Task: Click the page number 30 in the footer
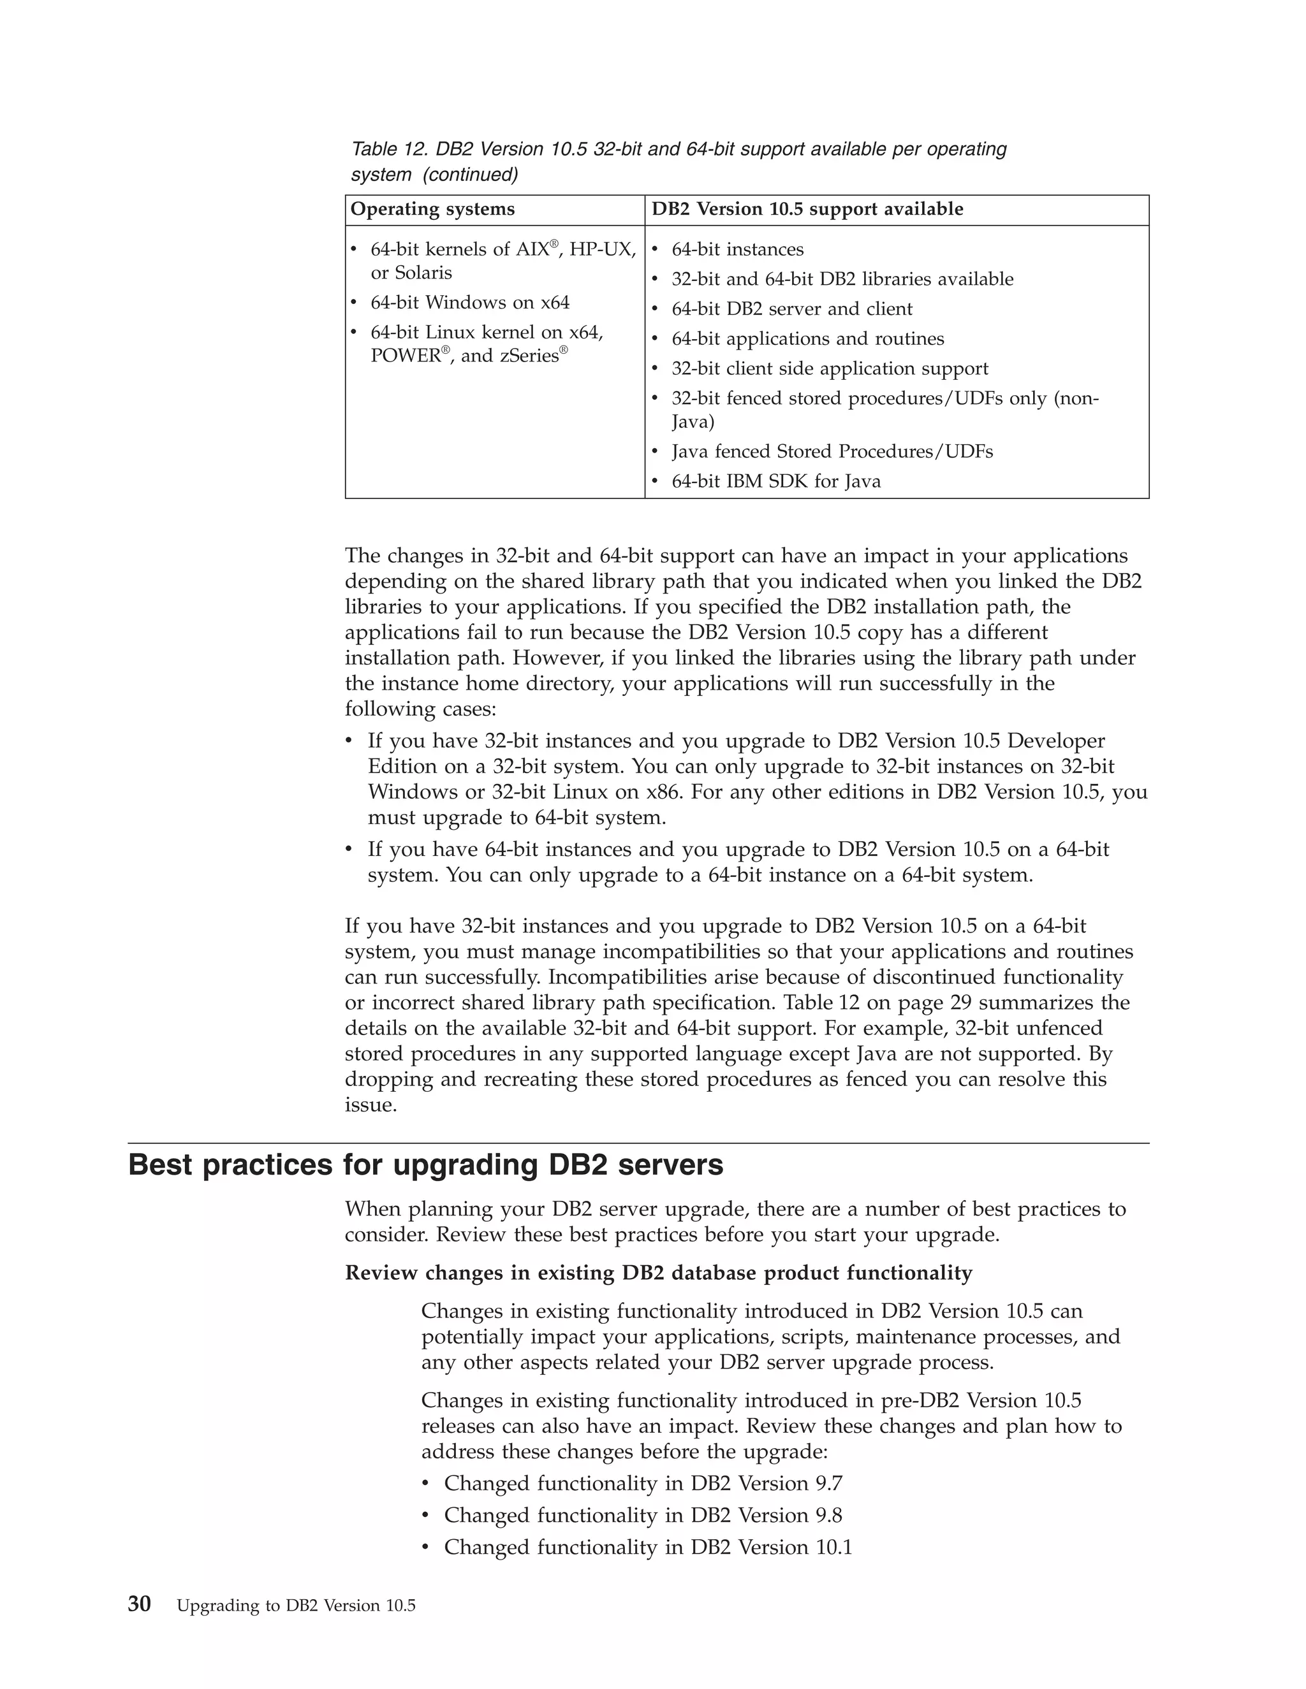click(x=140, y=1604)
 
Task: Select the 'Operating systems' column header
click(x=432, y=210)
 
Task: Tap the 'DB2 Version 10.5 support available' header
click(x=807, y=210)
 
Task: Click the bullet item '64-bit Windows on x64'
click(x=469, y=302)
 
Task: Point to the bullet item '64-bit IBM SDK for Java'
click(x=775, y=482)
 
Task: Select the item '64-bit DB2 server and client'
click(x=791, y=309)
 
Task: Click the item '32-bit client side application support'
click(x=830, y=369)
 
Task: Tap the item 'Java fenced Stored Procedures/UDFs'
click(x=832, y=452)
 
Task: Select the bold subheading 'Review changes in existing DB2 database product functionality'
click(x=658, y=1273)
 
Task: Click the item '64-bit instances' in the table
click(x=737, y=250)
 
